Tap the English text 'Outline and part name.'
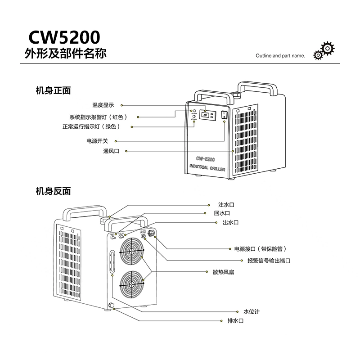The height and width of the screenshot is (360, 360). (x=280, y=57)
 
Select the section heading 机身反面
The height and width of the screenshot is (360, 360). (x=53, y=191)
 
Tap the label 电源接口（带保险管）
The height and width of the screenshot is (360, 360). (x=257, y=249)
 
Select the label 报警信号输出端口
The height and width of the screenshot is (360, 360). (x=269, y=261)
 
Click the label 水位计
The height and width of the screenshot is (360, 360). (x=252, y=311)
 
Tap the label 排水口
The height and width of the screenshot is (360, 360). (x=235, y=321)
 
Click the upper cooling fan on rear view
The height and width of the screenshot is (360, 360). (x=132, y=251)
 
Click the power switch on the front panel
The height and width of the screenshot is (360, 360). (x=225, y=115)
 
